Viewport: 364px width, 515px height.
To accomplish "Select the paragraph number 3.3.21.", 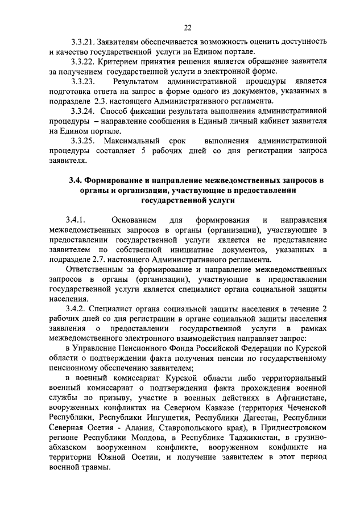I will pos(82,42).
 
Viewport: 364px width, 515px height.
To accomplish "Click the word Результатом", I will pos(136,81).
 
